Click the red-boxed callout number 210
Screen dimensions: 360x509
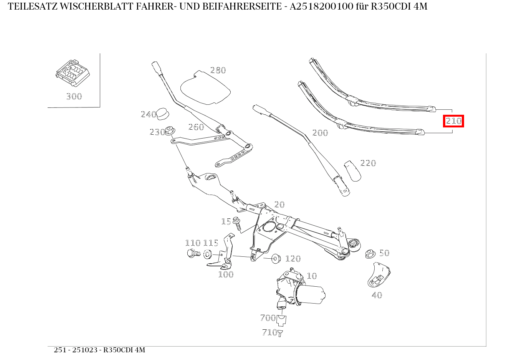[453, 121]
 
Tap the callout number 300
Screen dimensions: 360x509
[74, 96]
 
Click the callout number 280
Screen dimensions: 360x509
[218, 70]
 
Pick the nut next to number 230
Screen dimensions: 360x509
[171, 131]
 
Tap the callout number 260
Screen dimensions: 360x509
[196, 127]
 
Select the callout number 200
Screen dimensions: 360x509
[320, 133]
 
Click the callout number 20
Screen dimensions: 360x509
[279, 204]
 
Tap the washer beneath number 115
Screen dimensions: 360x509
[208, 254]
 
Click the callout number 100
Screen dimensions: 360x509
[226, 274]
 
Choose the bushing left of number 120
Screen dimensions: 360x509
[276, 258]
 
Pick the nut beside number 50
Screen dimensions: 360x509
[370, 253]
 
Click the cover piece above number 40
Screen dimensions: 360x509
[378, 275]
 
